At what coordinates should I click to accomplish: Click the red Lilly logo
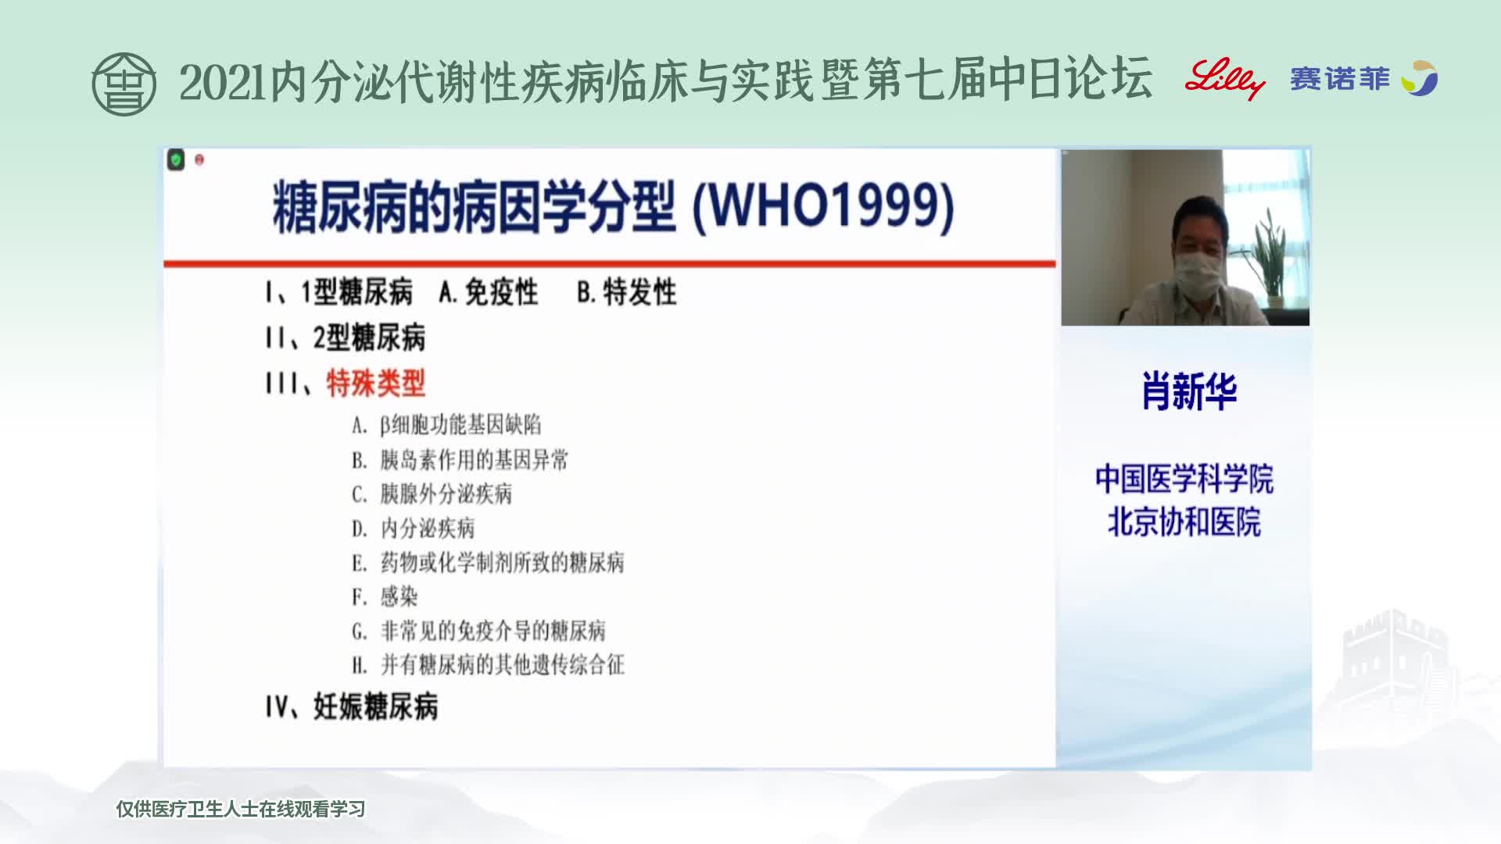pos(1224,79)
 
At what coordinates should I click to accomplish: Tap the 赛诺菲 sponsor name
pos(1340,79)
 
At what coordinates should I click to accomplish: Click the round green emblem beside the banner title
pos(124,84)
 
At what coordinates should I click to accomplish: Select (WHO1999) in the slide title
pos(824,206)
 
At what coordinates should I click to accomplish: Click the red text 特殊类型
pos(376,383)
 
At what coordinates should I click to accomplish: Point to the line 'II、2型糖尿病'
pos(345,338)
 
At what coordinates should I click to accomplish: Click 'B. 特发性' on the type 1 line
pos(627,292)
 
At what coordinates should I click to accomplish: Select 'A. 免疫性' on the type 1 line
pos(489,292)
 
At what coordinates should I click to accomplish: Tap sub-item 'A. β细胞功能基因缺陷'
pos(446,425)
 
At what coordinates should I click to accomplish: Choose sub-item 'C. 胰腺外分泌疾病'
pos(432,494)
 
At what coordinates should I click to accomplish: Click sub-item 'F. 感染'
pos(385,597)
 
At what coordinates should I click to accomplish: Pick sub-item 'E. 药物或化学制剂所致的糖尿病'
pos(488,563)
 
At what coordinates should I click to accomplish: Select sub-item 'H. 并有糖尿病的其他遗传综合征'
pos(488,665)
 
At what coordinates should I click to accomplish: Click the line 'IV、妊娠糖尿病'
pos(351,706)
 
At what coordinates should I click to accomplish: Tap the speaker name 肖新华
pos(1189,392)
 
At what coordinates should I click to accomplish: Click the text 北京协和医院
pos(1184,523)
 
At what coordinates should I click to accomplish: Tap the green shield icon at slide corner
pos(176,160)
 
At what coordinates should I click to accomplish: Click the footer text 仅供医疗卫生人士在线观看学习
pos(241,810)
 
